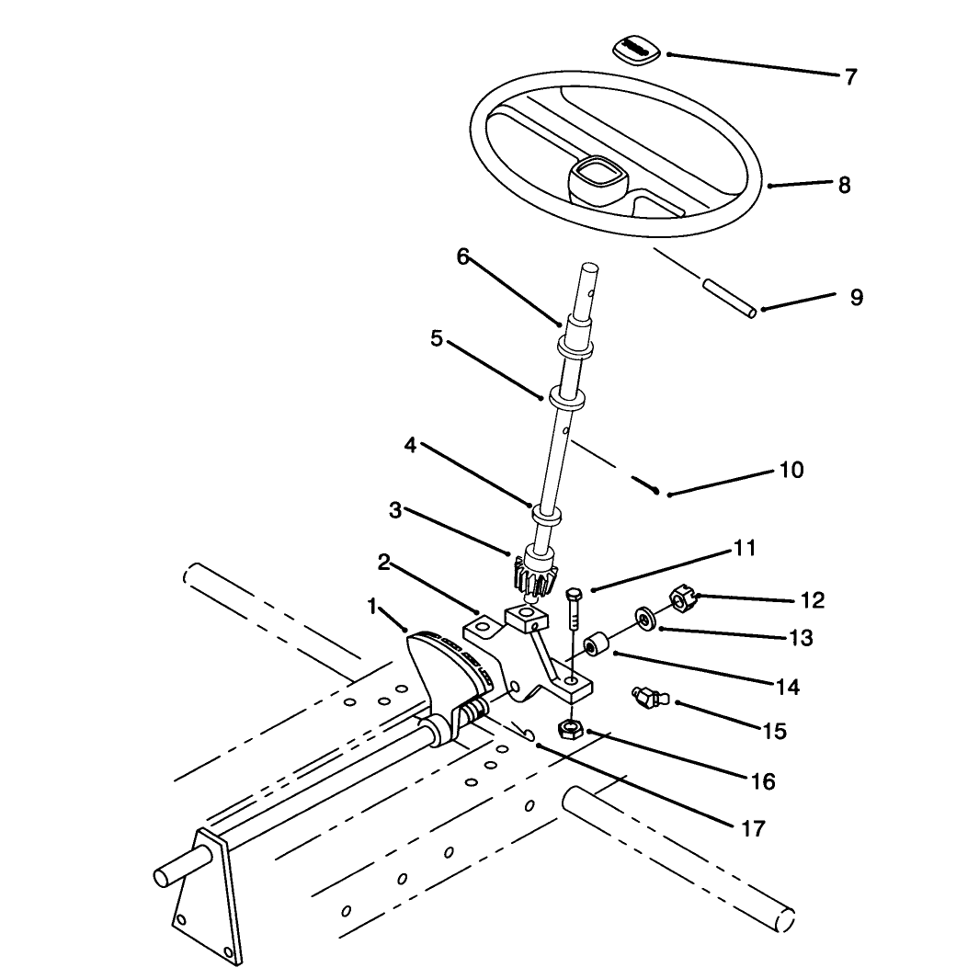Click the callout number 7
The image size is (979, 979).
851,77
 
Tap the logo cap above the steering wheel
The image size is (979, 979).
635,50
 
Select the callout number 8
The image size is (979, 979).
844,185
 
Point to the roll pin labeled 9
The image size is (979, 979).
730,299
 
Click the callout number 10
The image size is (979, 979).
791,470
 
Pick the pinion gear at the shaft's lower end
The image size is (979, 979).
533,575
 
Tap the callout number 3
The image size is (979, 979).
394,510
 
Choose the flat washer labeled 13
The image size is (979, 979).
643,617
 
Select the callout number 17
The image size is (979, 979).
753,828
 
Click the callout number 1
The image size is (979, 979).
372,606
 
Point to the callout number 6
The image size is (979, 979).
462,256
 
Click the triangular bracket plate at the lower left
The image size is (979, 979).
206,897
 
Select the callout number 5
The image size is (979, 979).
437,339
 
